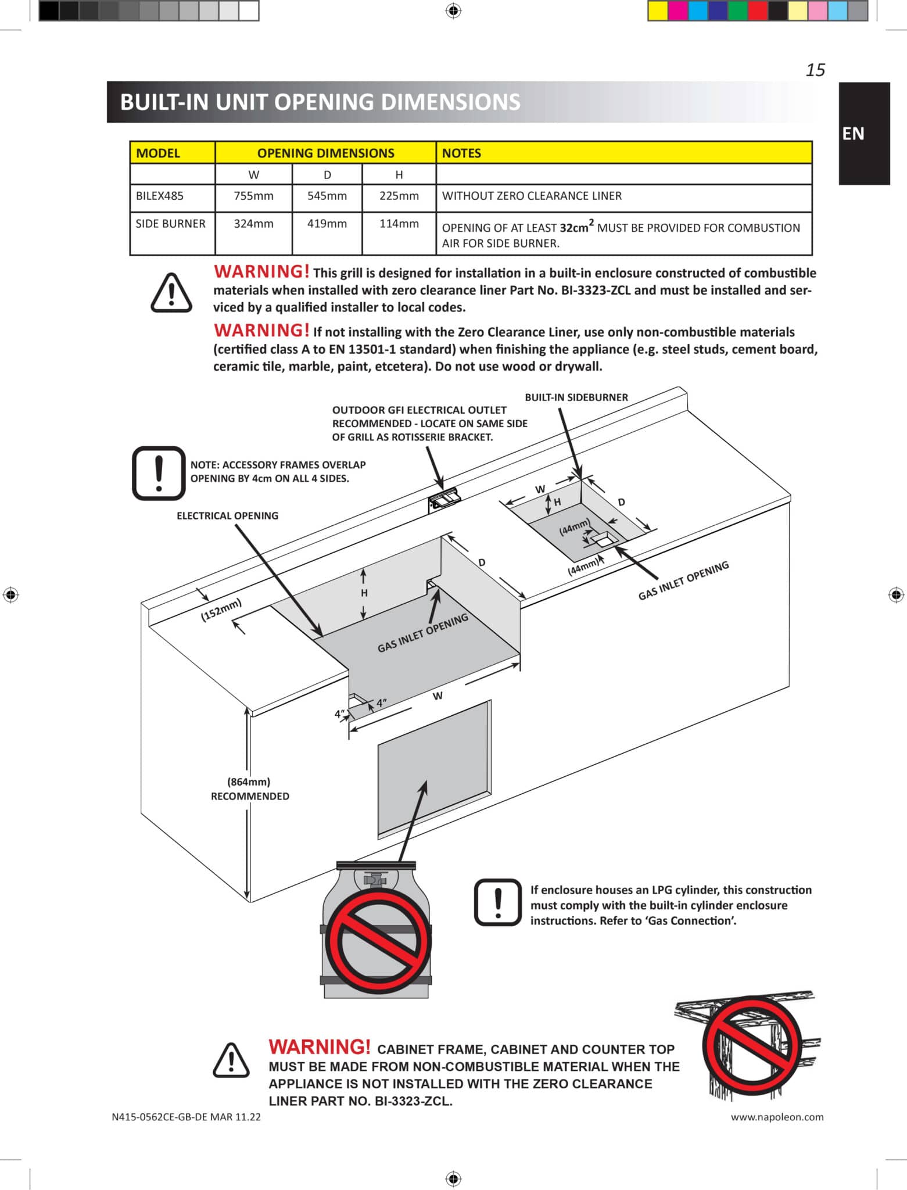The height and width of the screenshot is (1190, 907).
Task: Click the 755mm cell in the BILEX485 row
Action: [253, 196]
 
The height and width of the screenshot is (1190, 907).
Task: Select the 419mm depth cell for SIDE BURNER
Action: [327, 224]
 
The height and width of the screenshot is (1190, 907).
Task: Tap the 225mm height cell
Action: [399, 196]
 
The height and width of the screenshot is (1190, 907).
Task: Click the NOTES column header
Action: [461, 153]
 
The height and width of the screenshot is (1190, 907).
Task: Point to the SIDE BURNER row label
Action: [170, 224]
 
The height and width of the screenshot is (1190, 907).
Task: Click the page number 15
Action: [815, 70]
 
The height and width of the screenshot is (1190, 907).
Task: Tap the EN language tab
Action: [853, 134]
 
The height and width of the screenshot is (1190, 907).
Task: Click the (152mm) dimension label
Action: [221, 610]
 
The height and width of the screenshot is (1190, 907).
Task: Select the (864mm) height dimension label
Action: [249, 782]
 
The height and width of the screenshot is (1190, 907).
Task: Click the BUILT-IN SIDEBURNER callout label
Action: [576, 397]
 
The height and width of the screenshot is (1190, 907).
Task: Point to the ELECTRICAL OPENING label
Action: [227, 516]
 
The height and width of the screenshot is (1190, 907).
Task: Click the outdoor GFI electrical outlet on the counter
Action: [445, 500]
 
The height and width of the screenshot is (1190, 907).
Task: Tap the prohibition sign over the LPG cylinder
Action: [378, 941]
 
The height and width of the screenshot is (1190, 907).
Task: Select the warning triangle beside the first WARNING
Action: [171, 293]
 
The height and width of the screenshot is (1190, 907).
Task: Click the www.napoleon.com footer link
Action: [777, 1117]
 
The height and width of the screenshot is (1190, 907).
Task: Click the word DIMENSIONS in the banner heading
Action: [450, 102]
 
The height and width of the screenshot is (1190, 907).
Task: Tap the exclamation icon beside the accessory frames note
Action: [159, 473]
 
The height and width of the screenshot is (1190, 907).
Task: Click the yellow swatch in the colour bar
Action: [657, 11]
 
